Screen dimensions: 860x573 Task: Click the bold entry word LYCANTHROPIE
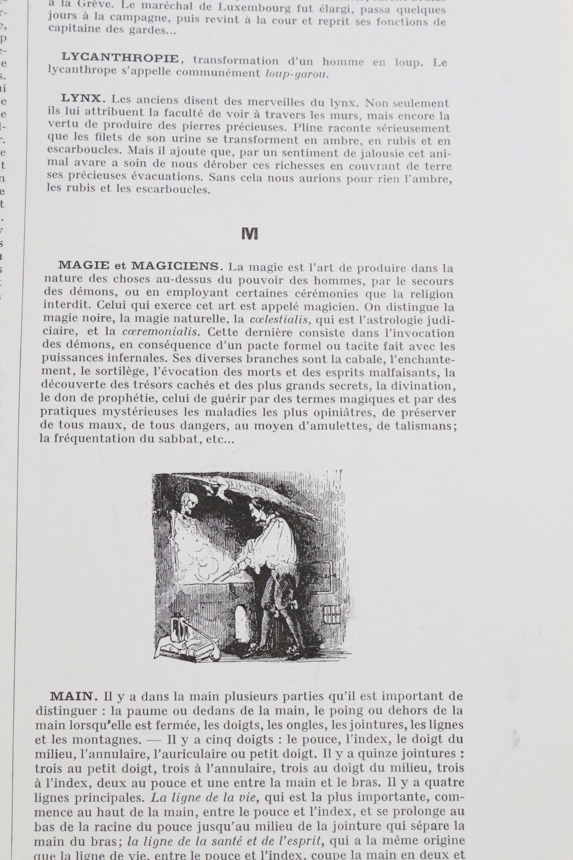(120, 58)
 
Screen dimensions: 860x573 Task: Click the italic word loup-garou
(297, 75)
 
